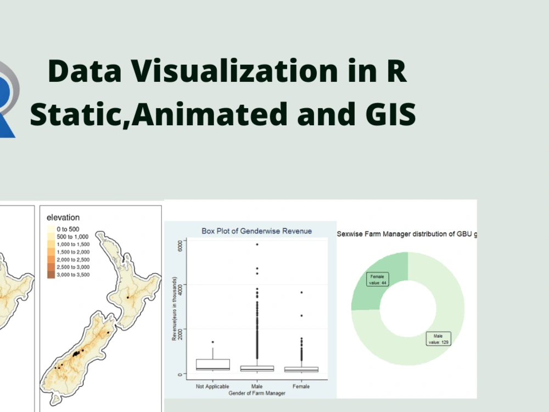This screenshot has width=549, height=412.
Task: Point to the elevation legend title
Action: point(63,218)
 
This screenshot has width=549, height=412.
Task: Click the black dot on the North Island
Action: point(127,297)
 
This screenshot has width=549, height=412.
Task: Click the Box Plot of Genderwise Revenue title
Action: point(256,231)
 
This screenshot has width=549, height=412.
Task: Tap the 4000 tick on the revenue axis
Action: point(179,285)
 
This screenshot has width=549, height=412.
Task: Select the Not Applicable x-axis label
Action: point(212,387)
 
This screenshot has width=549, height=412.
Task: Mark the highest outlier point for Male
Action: point(257,244)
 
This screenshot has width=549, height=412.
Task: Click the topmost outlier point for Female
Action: point(301,292)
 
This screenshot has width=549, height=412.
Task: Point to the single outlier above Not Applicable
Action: point(212,342)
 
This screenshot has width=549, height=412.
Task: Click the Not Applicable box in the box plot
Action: point(212,364)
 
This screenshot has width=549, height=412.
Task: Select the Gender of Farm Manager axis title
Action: point(256,393)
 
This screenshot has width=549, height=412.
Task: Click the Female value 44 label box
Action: point(377,279)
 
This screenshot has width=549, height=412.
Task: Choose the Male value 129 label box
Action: point(438,338)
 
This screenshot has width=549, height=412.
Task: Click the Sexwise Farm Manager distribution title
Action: point(406,234)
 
